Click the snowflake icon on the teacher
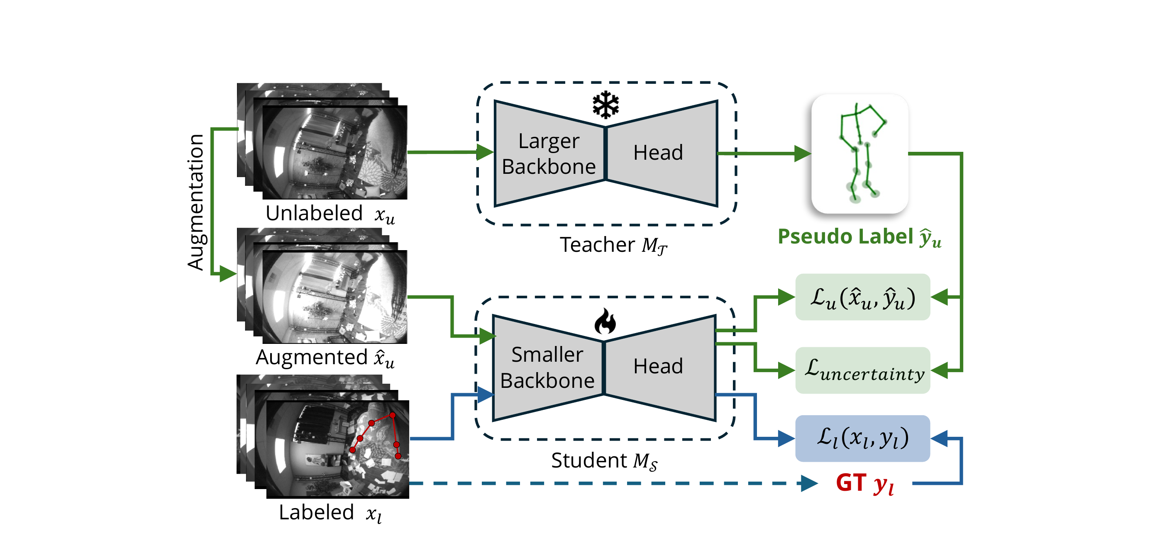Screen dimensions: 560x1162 (x=605, y=105)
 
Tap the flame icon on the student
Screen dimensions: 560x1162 (x=605, y=321)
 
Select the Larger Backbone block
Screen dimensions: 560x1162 (x=549, y=154)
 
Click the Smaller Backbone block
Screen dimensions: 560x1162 (x=547, y=368)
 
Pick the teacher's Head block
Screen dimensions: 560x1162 (x=659, y=153)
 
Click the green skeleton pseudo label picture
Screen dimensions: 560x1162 (x=859, y=154)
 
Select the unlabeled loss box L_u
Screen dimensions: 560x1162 (x=862, y=297)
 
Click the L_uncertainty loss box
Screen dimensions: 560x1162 (x=862, y=370)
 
